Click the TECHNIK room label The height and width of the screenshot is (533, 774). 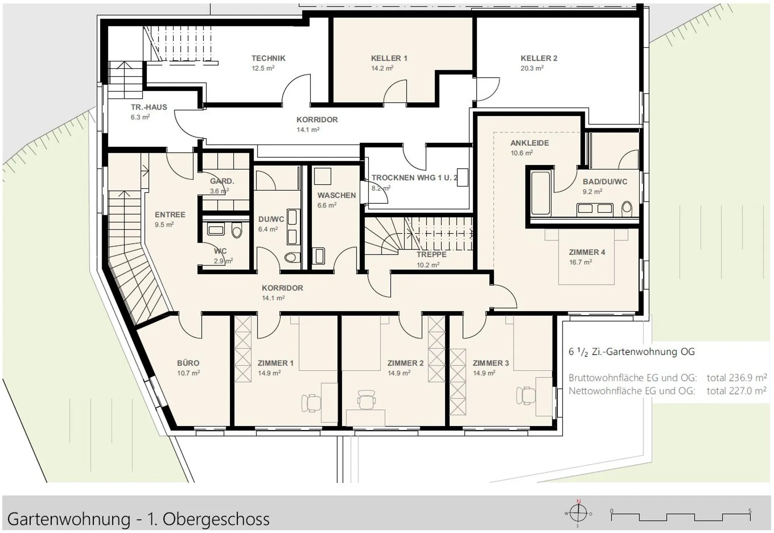(268, 58)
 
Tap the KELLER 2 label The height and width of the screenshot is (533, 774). (539, 58)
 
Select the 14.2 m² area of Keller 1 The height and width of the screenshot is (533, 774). (382, 69)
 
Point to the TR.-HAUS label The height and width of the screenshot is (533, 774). (149, 107)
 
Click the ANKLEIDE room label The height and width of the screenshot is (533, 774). (530, 143)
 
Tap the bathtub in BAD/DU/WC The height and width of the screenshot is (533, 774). (541, 193)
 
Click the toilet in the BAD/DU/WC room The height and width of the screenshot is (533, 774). (627, 209)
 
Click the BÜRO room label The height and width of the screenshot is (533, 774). (188, 363)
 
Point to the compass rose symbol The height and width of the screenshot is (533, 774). (578, 513)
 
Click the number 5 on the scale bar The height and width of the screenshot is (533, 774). (750, 511)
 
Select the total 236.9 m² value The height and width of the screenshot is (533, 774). (737, 378)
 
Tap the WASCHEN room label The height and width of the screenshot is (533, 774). (337, 196)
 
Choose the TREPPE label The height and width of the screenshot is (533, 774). (431, 255)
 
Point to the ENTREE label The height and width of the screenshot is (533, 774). (170, 215)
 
